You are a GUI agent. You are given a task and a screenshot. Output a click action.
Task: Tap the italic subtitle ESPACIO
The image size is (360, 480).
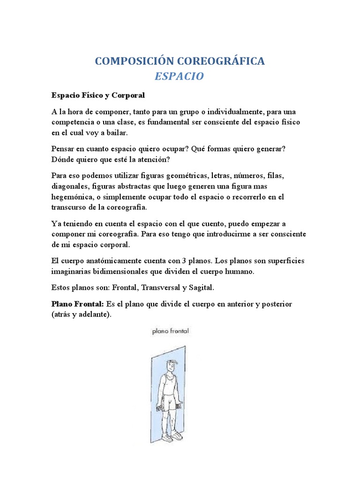pyautogui.click(x=180, y=76)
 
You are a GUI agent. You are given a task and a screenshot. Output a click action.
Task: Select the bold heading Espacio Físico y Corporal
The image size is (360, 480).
pyautogui.click(x=98, y=95)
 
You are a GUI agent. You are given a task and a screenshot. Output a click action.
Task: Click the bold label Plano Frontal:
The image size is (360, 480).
pyautogui.click(x=78, y=304)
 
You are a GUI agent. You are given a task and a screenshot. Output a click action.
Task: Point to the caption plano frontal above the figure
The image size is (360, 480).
pyautogui.click(x=170, y=331)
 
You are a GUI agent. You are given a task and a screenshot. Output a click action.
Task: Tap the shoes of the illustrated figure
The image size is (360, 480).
pyautogui.click(x=171, y=435)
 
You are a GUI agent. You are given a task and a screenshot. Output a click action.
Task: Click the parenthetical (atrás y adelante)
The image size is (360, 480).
pyautogui.click(x=82, y=315)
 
